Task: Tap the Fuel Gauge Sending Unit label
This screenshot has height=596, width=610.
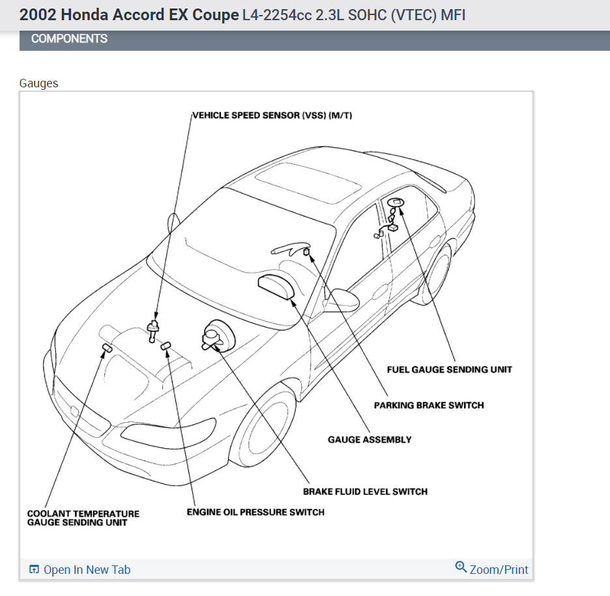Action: pos(449,369)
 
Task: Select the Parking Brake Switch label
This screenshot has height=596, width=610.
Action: pos(428,405)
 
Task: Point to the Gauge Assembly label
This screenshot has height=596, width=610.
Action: pos(370,440)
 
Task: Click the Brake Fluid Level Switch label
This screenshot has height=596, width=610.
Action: pos(365,491)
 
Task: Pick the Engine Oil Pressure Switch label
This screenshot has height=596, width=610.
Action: pos(255,512)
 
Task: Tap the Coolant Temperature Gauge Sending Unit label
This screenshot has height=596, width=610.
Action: pos(83,518)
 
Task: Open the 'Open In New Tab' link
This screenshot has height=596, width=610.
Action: pos(87,570)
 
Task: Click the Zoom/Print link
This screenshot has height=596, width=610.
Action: pos(499,569)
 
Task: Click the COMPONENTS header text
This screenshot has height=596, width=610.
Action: pos(69,39)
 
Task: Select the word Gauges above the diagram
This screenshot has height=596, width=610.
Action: pos(38,83)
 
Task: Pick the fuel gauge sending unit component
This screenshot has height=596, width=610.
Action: pos(395,203)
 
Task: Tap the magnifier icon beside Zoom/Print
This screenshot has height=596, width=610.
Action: pos(461,567)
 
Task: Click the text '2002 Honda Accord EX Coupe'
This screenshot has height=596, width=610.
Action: pos(129,14)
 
